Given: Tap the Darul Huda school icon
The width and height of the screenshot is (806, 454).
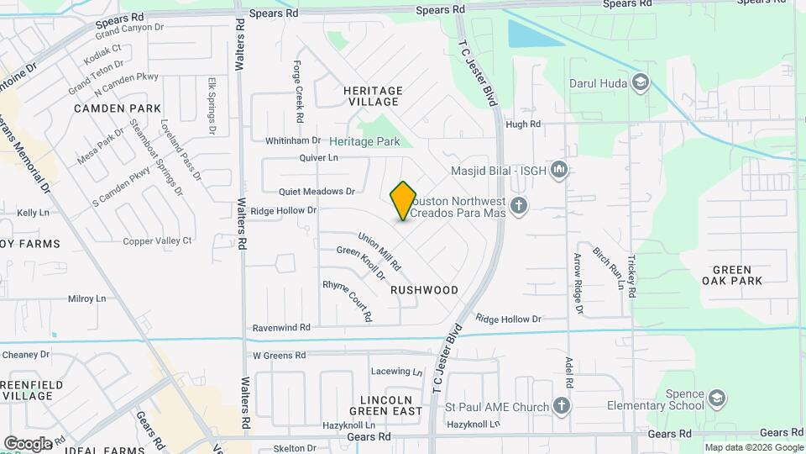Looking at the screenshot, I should click(641, 82).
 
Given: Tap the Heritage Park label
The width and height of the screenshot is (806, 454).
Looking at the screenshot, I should click(364, 141).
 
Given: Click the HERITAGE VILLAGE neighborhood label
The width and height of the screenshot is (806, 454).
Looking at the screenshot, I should click(373, 96).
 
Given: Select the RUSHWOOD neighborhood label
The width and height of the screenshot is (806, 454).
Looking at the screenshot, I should click(424, 290).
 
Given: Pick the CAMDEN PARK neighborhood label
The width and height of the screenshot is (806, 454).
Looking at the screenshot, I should click(118, 108).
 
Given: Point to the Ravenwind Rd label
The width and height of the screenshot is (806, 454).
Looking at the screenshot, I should click(281, 327).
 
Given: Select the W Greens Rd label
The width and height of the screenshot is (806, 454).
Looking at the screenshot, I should click(280, 356).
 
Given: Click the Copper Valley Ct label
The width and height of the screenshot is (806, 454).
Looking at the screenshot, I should click(157, 240).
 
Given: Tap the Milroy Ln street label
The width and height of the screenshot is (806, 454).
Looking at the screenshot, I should click(86, 298).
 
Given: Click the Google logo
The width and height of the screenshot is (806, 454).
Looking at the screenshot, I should click(28, 443).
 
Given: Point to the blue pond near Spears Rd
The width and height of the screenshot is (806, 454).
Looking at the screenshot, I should click(534, 34).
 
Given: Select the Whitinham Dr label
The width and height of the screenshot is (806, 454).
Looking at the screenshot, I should click(293, 140).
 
